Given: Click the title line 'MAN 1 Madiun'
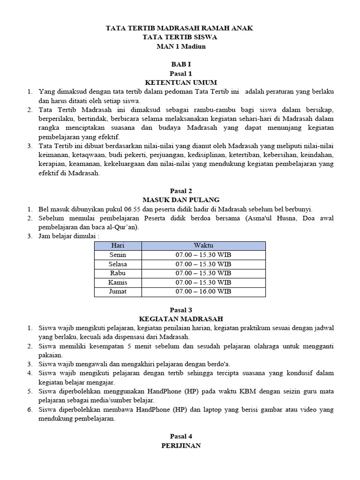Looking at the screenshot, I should [180, 46].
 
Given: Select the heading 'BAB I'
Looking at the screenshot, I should [180, 65].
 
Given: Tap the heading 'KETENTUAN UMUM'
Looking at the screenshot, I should [180, 82].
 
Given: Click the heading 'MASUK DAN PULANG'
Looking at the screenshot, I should [180, 200].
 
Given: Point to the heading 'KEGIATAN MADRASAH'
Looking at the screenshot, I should [180, 319].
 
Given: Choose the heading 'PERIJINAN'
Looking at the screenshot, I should [180, 446].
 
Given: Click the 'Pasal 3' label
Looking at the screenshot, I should [180, 310].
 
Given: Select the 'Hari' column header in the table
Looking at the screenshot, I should [118, 246].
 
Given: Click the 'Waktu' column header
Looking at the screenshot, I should [203, 246].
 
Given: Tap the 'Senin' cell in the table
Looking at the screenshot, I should [118, 255].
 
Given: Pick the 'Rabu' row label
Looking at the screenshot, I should [118, 273].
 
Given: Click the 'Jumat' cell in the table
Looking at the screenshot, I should [118, 292].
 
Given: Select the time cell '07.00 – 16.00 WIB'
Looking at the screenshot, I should [203, 292].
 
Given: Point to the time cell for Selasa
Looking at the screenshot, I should [203, 264].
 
